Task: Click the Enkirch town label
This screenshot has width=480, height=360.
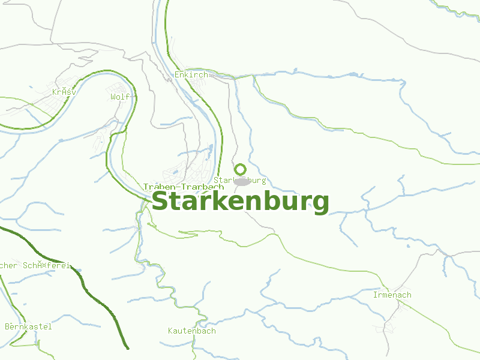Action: point(191,75)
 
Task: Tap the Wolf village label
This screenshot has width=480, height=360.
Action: point(120,97)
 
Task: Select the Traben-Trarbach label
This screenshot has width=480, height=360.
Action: point(175,187)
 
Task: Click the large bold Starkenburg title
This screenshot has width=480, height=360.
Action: point(240,202)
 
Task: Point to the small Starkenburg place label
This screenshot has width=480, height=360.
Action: point(239,180)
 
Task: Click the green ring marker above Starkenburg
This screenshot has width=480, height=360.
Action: point(240,169)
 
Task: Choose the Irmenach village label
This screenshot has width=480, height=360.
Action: point(392,295)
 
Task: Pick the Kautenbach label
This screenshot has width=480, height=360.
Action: point(191,331)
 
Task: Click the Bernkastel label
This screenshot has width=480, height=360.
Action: point(28,327)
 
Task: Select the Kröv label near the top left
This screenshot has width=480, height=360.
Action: point(64,92)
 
